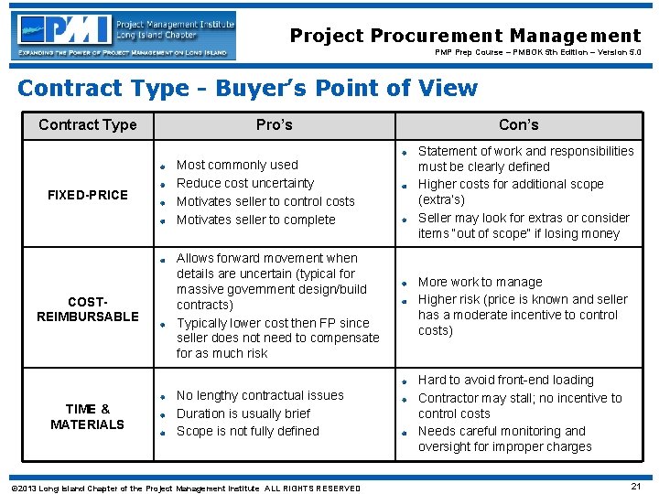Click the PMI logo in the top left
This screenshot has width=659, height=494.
pyautogui.click(x=124, y=36)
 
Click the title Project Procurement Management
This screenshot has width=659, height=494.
pyautogui.click(x=465, y=36)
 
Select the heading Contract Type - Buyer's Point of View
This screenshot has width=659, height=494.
pyautogui.click(x=247, y=88)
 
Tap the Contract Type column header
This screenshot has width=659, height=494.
pyautogui.click(x=88, y=124)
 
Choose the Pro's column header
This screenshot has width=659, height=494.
pyautogui.click(x=274, y=124)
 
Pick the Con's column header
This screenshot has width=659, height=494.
pyautogui.click(x=518, y=124)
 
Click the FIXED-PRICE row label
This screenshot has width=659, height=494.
pyautogui.click(x=88, y=195)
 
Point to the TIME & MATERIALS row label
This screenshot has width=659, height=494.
pyautogui.click(x=88, y=416)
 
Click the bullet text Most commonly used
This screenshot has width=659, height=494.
pyautogui.click(x=237, y=165)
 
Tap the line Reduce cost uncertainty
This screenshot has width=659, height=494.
pyautogui.click(x=244, y=183)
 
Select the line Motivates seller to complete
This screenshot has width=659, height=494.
pyautogui.click(x=255, y=220)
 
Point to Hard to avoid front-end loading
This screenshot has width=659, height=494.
pyautogui.click(x=505, y=380)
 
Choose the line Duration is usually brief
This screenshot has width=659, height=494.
pyautogui.click(x=243, y=413)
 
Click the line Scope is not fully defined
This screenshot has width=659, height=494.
pyautogui.click(x=247, y=431)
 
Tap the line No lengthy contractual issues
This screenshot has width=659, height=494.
pyautogui.click(x=260, y=395)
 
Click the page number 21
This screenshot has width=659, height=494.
pyautogui.click(x=635, y=486)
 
